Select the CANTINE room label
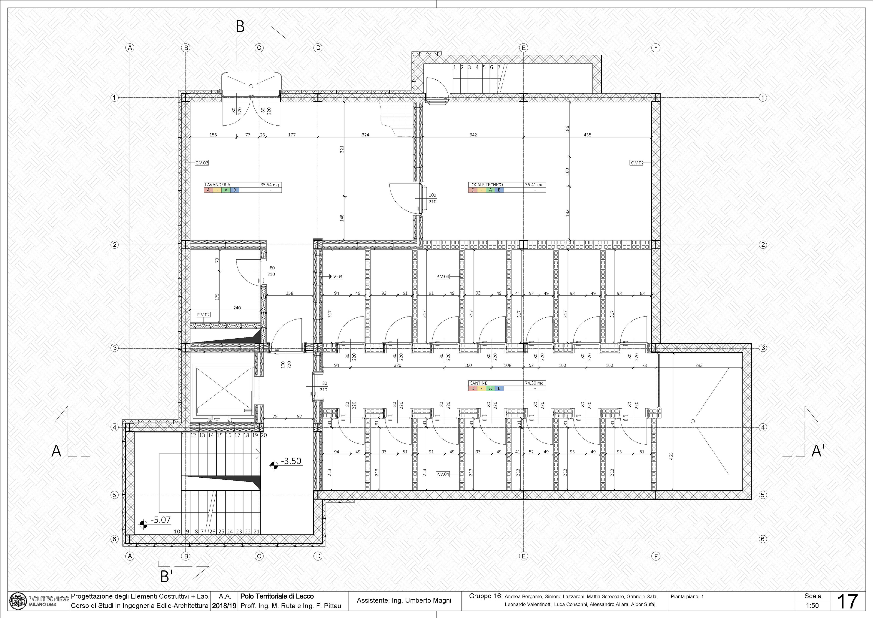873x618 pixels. click(x=478, y=383)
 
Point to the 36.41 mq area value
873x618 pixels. click(x=534, y=185)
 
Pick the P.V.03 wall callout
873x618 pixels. click(x=336, y=277)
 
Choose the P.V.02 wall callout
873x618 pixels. click(x=203, y=315)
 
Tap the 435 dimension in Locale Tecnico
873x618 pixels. click(x=587, y=135)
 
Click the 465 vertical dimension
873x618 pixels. click(x=671, y=456)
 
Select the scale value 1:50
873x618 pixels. click(x=813, y=606)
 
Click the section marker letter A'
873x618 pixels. click(x=818, y=451)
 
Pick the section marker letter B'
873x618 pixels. click(x=166, y=577)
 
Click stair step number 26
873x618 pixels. click(x=212, y=532)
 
